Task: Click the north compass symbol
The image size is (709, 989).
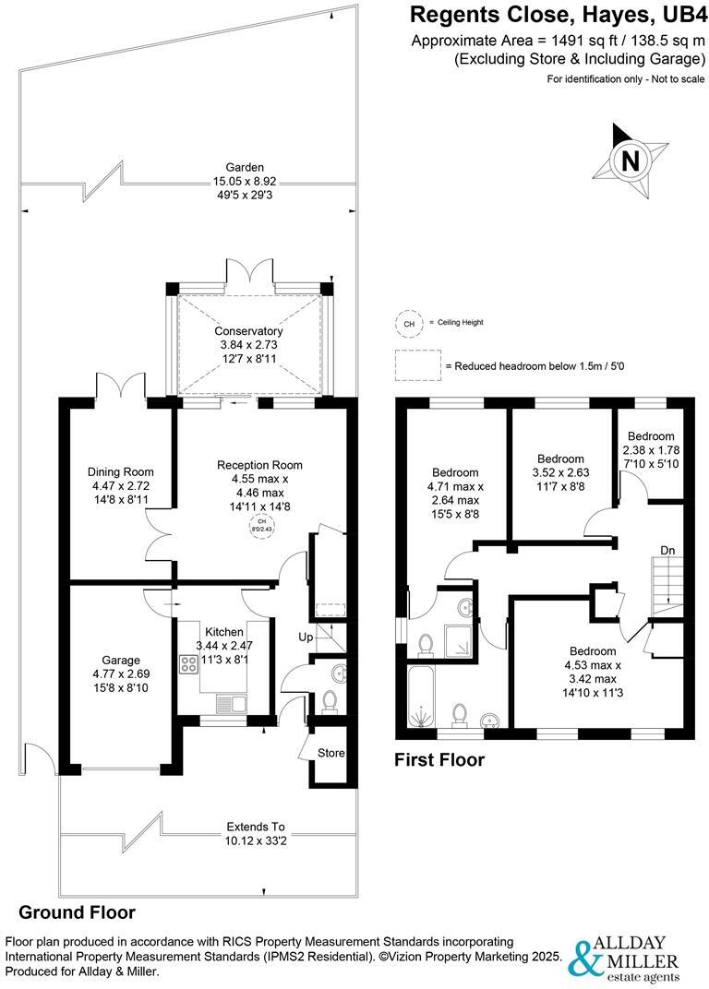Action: [631, 160]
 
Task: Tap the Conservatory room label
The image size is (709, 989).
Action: [248, 331]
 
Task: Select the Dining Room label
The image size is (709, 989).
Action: [121, 471]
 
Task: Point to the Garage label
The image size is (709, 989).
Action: [121, 660]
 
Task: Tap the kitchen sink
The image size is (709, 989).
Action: [226, 705]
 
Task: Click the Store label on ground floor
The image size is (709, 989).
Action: [330, 753]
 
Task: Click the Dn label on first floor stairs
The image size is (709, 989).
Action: [667, 551]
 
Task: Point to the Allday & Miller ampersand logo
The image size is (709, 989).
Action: [583, 959]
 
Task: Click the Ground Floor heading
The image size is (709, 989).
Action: [78, 912]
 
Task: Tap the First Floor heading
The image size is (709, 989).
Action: [439, 760]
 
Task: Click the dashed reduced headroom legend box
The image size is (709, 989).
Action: [416, 365]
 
